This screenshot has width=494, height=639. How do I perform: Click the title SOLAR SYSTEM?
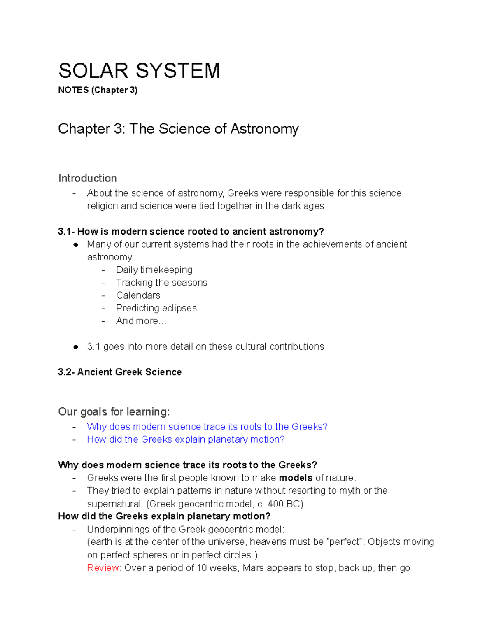(x=139, y=70)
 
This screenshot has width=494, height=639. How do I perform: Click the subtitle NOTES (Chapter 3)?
(x=98, y=90)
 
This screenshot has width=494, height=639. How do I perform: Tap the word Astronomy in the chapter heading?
(x=264, y=129)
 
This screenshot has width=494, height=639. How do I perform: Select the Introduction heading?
(x=87, y=178)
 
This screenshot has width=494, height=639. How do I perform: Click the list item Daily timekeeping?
(x=154, y=270)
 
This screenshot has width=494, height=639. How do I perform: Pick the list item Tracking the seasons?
(x=161, y=283)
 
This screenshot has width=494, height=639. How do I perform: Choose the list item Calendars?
(x=138, y=295)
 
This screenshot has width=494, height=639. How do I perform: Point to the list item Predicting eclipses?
(x=156, y=308)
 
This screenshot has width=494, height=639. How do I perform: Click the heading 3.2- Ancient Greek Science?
(x=120, y=372)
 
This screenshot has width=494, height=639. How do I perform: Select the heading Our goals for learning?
(x=114, y=411)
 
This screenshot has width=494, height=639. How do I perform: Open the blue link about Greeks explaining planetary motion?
(x=186, y=439)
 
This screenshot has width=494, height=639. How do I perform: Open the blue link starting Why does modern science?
(x=207, y=427)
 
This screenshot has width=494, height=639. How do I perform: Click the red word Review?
(x=104, y=568)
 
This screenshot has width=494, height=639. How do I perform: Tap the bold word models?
(x=296, y=478)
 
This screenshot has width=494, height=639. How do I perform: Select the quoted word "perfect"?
(x=345, y=542)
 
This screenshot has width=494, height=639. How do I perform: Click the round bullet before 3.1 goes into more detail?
(x=75, y=347)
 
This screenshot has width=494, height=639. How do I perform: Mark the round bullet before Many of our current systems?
(x=75, y=244)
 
